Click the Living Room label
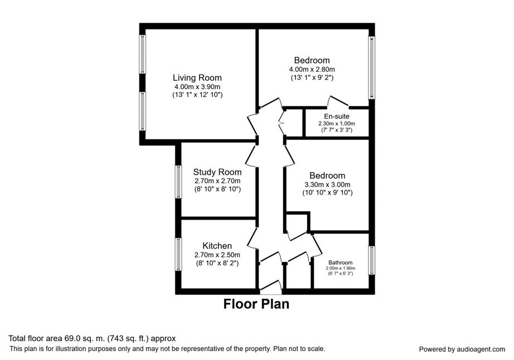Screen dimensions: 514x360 [x=197, y=77]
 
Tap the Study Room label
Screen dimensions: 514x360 [x=217, y=172]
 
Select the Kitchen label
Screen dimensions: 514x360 [x=217, y=246]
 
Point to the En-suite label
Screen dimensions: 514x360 [x=337, y=116]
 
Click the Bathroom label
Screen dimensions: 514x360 [x=340, y=262]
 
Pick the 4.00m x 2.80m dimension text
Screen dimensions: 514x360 [x=312, y=70]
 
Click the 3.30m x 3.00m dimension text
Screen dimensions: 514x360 [x=327, y=184]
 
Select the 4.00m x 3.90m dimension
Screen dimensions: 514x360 [x=197, y=87]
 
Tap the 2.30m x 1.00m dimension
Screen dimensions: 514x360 [x=337, y=124]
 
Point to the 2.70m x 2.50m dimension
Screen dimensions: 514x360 [x=217, y=255]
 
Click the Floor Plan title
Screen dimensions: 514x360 [x=256, y=304]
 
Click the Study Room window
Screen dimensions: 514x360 [x=178, y=182]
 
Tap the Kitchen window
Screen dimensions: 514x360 [x=178, y=255]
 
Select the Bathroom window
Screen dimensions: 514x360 [x=372, y=260]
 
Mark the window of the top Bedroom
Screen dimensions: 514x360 [x=372, y=67]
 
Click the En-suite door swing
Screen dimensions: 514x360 [x=338, y=101]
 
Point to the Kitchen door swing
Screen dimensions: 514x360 [x=253, y=238]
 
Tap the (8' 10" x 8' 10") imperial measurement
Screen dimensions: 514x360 [x=217, y=189]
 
